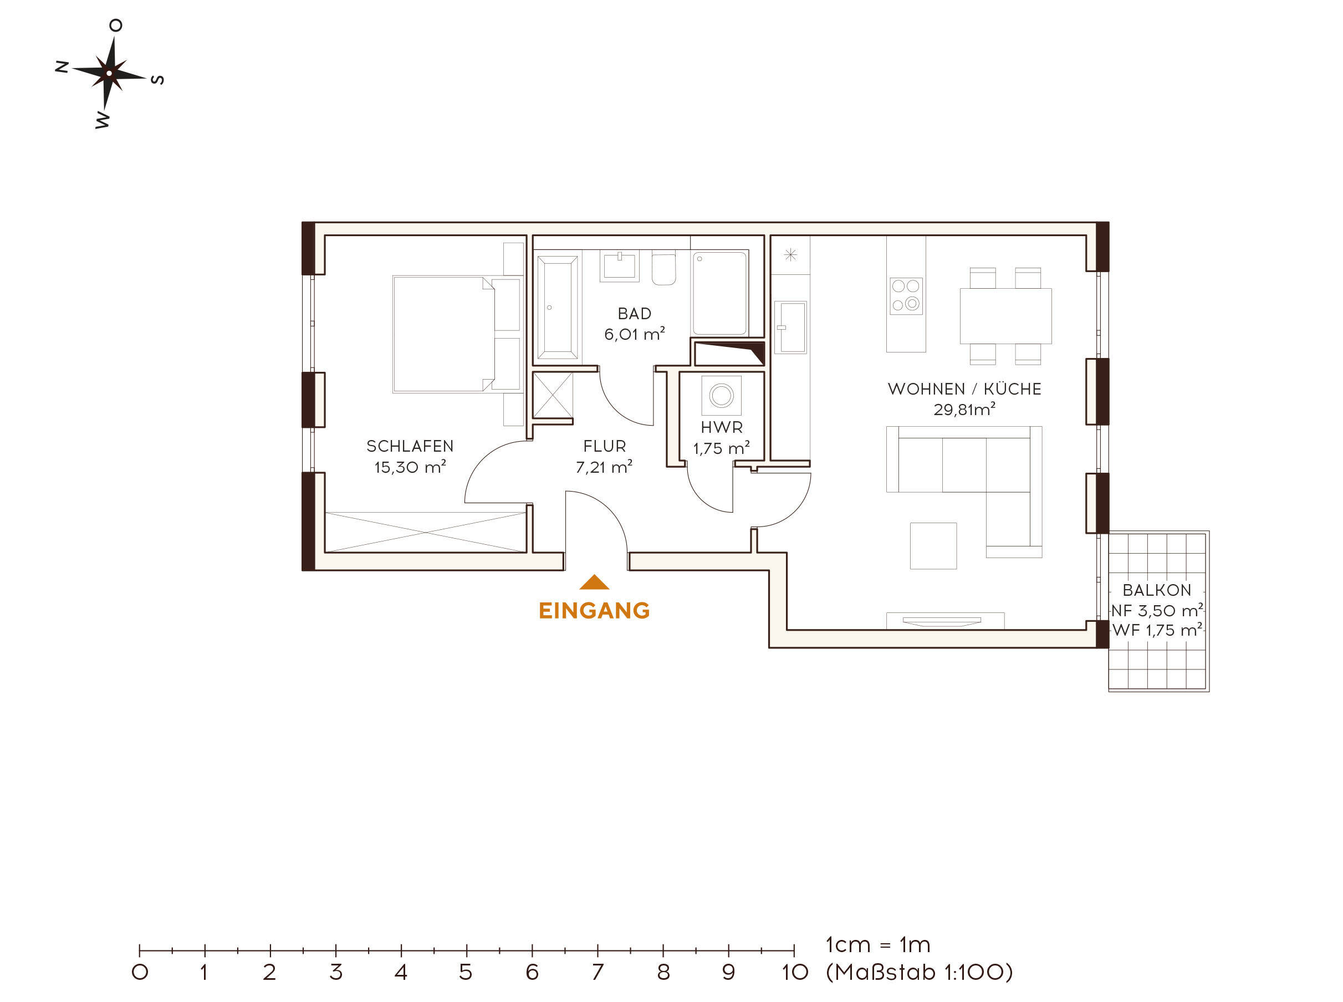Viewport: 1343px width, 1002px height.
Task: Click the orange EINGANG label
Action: point(594,611)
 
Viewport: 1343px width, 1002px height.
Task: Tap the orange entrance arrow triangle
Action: point(594,582)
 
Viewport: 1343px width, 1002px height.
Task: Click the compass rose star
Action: point(109,73)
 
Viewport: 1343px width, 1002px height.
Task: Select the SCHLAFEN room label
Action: point(410,447)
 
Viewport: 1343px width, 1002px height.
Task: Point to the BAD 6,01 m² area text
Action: point(635,334)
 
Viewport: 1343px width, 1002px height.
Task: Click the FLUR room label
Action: point(604,447)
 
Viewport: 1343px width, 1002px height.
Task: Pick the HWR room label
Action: point(721,428)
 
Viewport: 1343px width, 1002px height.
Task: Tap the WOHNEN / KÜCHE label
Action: point(964,390)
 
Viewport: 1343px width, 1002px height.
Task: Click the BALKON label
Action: point(1157,590)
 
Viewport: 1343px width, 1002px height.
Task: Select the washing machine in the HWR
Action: point(721,396)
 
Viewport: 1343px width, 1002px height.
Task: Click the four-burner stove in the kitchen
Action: point(906,296)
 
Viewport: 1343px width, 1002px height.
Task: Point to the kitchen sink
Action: point(790,328)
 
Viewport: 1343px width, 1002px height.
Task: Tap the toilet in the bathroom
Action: point(663,269)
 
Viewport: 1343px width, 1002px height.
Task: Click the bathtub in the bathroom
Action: point(558,308)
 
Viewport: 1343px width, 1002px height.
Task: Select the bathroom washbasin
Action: point(619,266)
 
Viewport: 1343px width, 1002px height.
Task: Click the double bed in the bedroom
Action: point(456,334)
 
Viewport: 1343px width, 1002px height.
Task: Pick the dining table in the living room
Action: point(1005,316)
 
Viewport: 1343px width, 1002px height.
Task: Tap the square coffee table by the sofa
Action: point(933,546)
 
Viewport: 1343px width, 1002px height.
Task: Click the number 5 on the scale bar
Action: point(466,972)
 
